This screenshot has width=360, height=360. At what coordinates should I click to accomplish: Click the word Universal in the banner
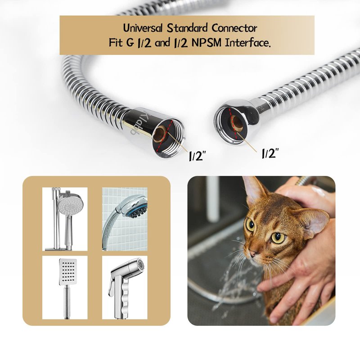pyautogui.click(x=143, y=28)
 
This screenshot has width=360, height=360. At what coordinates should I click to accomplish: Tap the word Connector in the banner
pyautogui.click(x=234, y=28)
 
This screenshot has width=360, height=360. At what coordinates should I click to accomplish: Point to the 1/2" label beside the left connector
pyautogui.click(x=197, y=156)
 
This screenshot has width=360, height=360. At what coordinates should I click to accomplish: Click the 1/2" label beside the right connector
pyautogui.click(x=271, y=153)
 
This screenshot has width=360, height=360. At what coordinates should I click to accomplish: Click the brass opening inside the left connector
pyautogui.click(x=160, y=135)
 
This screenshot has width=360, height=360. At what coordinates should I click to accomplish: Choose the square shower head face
pyautogui.click(x=68, y=272)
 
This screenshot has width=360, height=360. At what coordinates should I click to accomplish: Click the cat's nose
pyautogui.click(x=253, y=254)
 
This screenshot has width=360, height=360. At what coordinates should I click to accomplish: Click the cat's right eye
pyautogui.click(x=250, y=225)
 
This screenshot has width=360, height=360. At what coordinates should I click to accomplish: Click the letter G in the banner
pyautogui.click(x=129, y=43)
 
